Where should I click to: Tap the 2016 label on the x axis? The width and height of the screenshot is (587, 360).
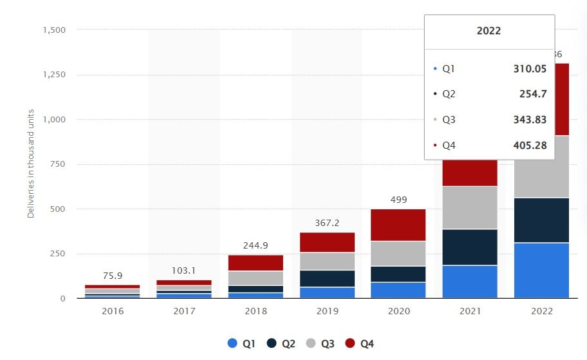pyautogui.click(x=112, y=311)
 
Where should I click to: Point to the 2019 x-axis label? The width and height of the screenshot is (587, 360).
pyautogui.click(x=326, y=311)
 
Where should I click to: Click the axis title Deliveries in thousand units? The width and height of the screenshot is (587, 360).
pyautogui.click(x=31, y=164)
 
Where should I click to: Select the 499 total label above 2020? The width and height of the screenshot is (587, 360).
pyautogui.click(x=398, y=200)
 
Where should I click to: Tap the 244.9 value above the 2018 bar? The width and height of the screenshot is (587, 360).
pyautogui.click(x=256, y=245)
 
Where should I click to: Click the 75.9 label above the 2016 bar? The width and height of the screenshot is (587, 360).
pyautogui.click(x=113, y=276)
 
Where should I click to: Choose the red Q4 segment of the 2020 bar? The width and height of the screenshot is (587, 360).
pyautogui.click(x=398, y=225)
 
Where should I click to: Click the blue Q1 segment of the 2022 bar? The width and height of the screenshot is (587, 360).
pyautogui.click(x=542, y=270)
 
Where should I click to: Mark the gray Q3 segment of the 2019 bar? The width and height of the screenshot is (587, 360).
pyautogui.click(x=326, y=261)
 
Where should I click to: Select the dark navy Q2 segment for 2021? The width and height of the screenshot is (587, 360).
pyautogui.click(x=470, y=247)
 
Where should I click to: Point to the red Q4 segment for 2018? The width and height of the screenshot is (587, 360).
pyautogui.click(x=255, y=263)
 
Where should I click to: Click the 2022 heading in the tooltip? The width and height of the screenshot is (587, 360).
pyautogui.click(x=489, y=31)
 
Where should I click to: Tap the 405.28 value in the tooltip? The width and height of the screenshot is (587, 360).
pyautogui.click(x=529, y=146)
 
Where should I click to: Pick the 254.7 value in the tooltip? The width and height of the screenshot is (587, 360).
pyautogui.click(x=533, y=94)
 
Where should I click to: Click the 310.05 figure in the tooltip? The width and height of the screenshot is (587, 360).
pyautogui.click(x=529, y=68)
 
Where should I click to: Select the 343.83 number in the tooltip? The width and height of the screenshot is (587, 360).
pyautogui.click(x=529, y=120)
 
